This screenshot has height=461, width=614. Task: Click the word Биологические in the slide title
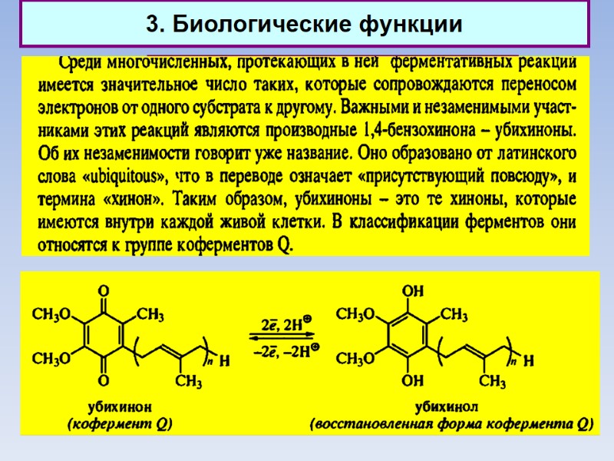(x=254, y=25)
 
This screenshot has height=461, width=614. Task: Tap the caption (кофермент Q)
(x=120, y=423)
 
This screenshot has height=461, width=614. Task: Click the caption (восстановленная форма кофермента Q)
(x=451, y=423)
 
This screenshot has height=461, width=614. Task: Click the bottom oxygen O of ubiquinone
(x=104, y=380)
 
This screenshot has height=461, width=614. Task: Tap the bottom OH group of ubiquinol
(x=413, y=380)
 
